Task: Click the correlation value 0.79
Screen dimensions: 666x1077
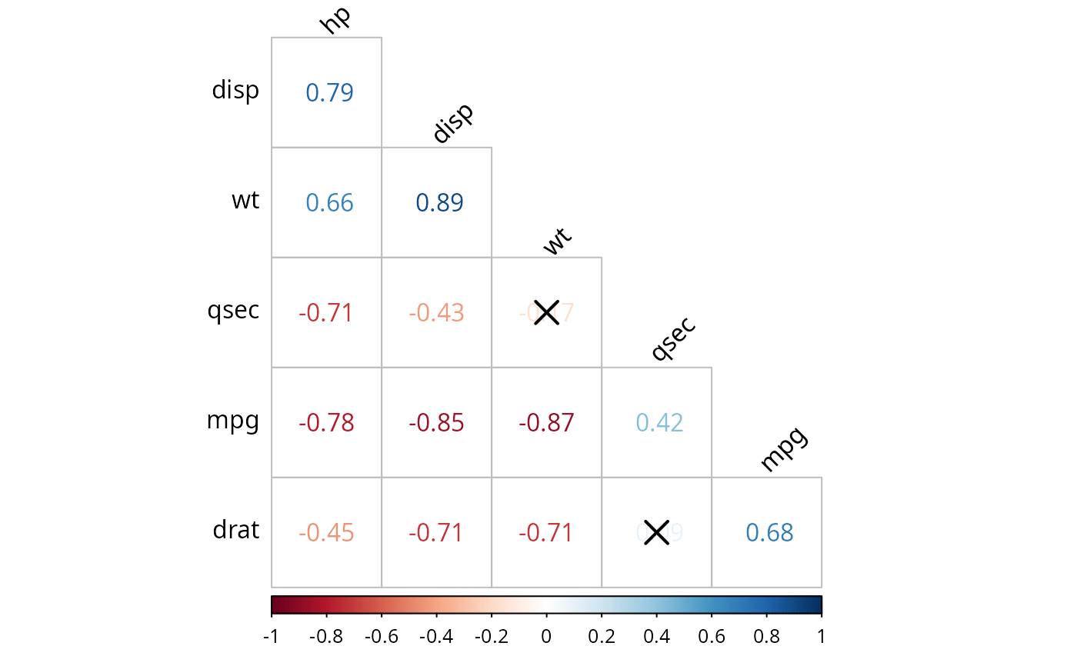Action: pos(329,93)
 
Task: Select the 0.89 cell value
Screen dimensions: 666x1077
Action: pos(439,203)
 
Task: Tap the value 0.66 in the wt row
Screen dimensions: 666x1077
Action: pos(329,203)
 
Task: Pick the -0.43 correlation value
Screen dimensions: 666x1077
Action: pos(436,313)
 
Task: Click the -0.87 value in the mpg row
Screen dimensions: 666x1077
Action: pos(546,423)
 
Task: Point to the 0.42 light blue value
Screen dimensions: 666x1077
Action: pos(659,423)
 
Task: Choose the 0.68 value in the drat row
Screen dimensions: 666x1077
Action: pos(769,533)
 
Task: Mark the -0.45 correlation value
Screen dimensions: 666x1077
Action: pos(326,533)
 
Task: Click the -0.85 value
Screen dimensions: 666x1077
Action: pos(436,423)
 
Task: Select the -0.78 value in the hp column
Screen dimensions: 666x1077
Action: pos(326,423)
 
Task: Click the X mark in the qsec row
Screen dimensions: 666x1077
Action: pos(546,313)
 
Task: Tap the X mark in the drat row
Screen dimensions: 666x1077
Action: pos(656,532)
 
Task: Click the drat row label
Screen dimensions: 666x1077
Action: pos(236,530)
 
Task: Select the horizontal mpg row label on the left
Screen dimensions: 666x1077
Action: pos(232,421)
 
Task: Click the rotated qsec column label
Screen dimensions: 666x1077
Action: pos(673,338)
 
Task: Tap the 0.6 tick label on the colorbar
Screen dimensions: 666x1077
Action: pos(711,637)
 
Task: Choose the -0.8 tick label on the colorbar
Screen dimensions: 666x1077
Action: pos(326,637)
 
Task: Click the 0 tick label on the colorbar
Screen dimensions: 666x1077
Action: pos(546,637)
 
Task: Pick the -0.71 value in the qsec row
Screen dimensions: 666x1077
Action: pos(326,313)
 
